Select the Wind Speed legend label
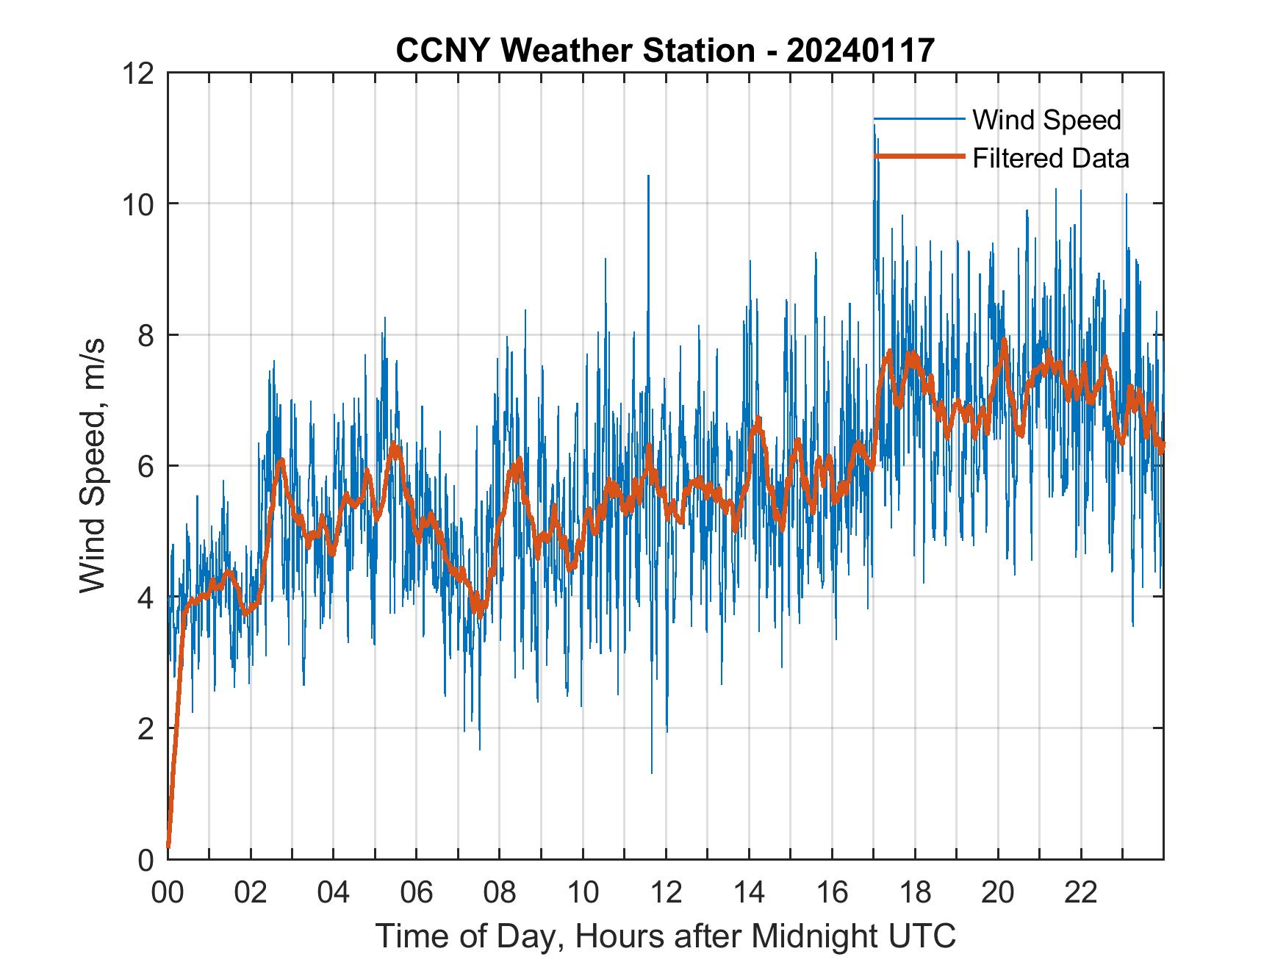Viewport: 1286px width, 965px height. coord(1046,120)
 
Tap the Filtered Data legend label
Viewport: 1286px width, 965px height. coord(1050,158)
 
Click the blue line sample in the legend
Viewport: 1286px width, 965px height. coord(919,119)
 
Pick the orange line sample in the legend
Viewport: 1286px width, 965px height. coord(919,157)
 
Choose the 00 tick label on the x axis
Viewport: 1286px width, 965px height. coord(168,893)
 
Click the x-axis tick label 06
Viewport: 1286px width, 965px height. coord(416,893)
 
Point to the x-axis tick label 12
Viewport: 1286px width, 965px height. coord(665,893)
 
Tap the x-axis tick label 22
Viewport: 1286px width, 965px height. coord(1080,893)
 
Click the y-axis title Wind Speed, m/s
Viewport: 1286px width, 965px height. coord(93,465)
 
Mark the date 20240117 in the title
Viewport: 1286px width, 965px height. coord(861,51)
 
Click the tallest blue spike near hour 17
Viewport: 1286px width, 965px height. coord(874,126)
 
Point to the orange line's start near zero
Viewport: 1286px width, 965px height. coord(168,845)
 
